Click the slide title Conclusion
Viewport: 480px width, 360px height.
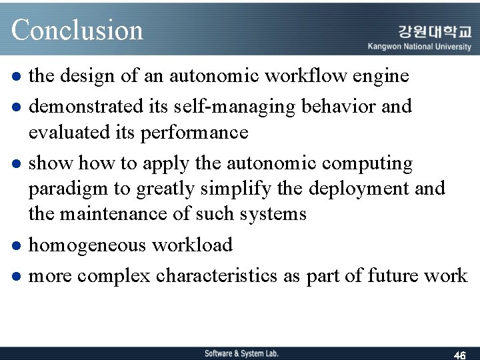77,30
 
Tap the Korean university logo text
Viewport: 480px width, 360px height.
434,31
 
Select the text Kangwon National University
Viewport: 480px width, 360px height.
419,47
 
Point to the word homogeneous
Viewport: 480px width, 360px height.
87,245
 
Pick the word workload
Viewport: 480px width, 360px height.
192,245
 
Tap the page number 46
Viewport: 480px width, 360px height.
459,355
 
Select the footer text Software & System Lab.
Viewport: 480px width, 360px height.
241,353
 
